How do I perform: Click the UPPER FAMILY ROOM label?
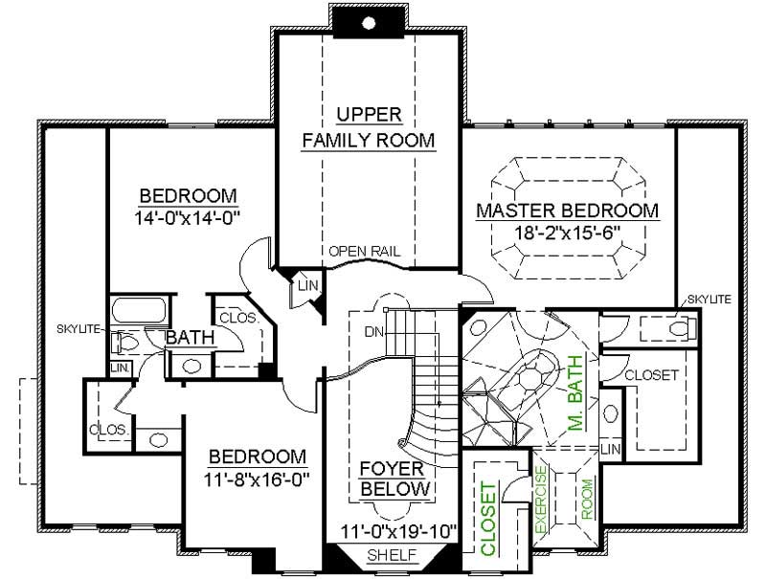(369, 127)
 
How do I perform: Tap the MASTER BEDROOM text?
(567, 211)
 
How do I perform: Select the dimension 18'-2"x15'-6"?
(567, 233)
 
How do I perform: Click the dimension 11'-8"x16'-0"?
(258, 476)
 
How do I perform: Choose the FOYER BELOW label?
(394, 479)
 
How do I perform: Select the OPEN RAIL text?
(364, 252)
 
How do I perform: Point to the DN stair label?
(374, 332)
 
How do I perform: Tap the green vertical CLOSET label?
(487, 520)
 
